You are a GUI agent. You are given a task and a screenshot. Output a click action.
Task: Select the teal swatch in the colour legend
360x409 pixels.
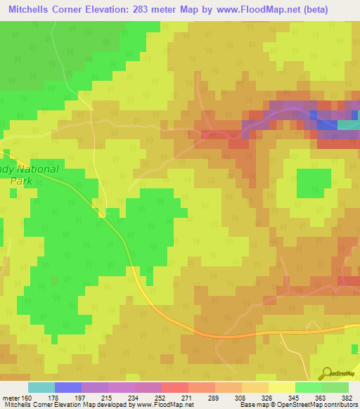coord(41,387)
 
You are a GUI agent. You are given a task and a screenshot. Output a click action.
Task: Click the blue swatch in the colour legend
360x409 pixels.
coord(68,387)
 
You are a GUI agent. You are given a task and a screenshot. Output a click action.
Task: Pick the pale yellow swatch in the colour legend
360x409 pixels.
coord(281,387)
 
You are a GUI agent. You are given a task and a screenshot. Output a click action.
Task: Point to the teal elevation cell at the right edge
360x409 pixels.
coord(348,125)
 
